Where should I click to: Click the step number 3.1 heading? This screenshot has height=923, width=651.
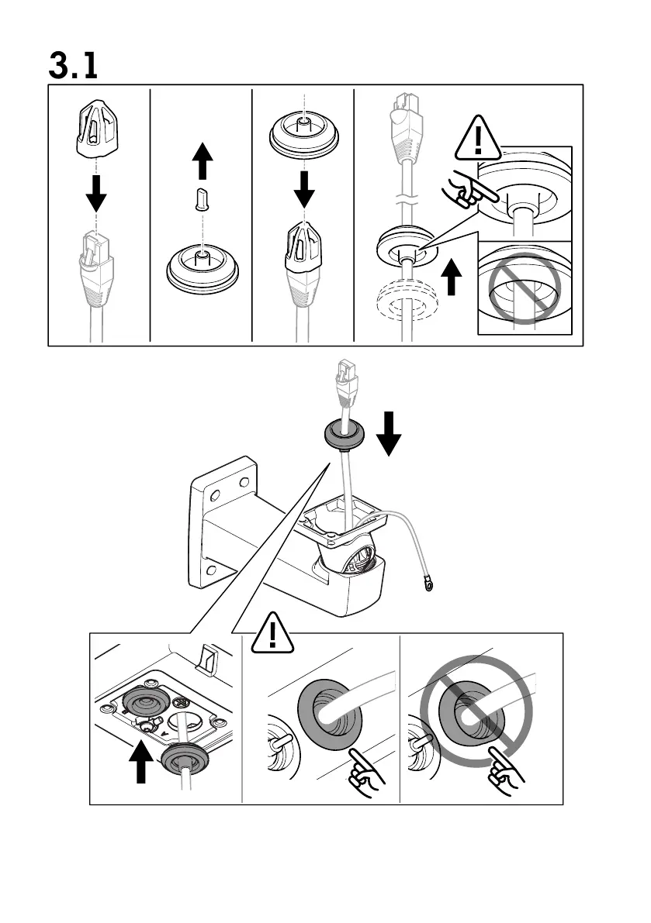click(x=74, y=65)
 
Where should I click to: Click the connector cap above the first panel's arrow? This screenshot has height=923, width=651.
click(x=96, y=127)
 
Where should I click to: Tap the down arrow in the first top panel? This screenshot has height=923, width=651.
click(x=96, y=194)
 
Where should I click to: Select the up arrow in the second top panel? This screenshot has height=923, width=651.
click(x=203, y=162)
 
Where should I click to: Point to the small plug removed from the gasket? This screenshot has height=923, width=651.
click(x=203, y=198)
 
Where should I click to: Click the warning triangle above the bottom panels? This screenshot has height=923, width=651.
click(x=272, y=631)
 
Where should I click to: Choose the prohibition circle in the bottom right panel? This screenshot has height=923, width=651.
click(x=477, y=711)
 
